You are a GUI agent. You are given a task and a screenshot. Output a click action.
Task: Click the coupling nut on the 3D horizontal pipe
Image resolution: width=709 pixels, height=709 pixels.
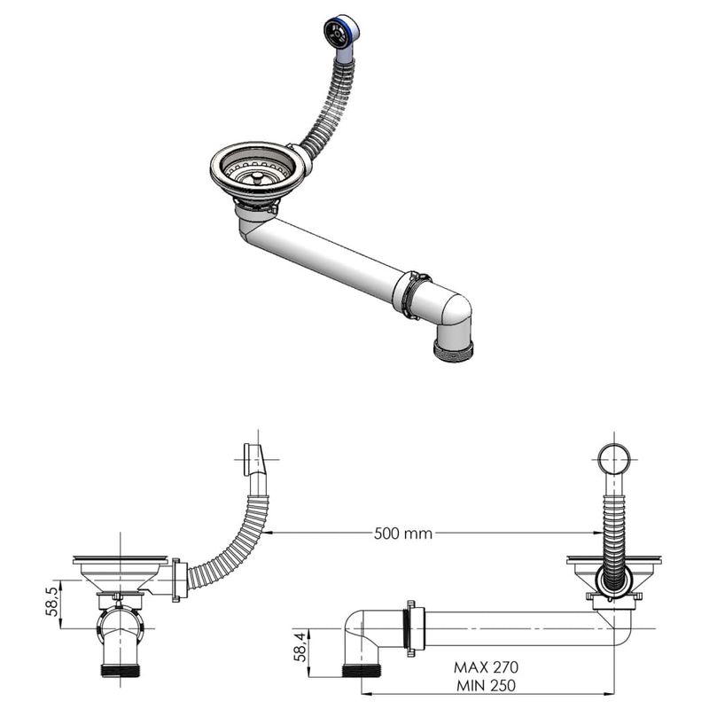click(x=410, y=295)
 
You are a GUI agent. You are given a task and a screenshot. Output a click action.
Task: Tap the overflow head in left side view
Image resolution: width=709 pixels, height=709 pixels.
click(x=251, y=461)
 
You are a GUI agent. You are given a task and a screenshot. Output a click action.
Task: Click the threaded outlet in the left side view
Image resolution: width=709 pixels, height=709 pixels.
click(x=121, y=670)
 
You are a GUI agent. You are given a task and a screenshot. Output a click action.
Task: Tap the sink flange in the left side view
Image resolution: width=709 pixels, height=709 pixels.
click(x=120, y=560)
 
